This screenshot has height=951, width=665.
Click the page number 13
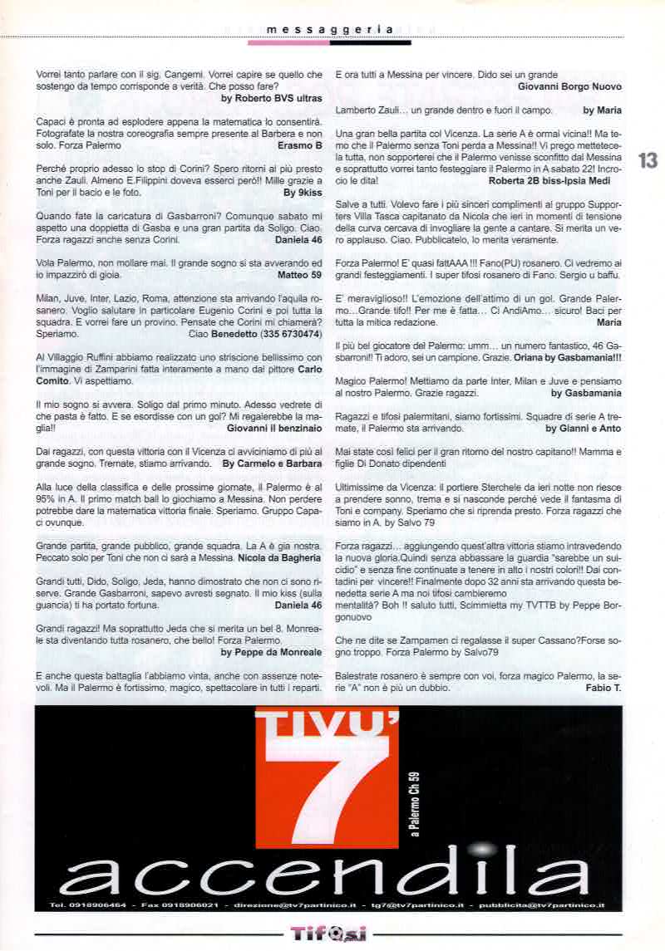click(x=648, y=160)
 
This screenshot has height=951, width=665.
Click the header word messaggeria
click(x=330, y=29)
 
